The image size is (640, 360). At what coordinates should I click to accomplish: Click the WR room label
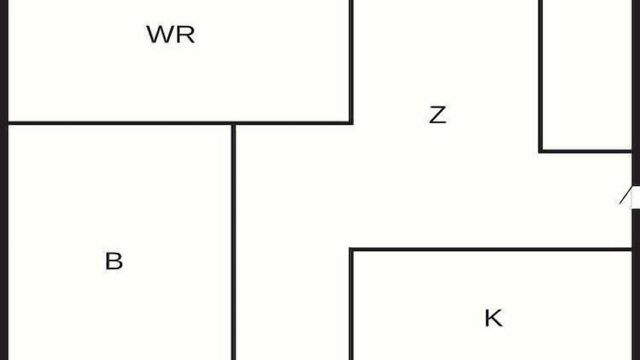(171, 34)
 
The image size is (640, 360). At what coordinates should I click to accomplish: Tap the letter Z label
(437, 115)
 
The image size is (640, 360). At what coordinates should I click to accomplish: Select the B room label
(114, 261)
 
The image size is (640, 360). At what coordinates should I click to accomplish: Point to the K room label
(493, 317)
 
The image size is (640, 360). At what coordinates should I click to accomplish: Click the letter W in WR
(159, 34)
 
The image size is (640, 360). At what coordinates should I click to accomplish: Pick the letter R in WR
(185, 34)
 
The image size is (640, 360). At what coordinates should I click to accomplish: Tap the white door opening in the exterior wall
(635, 197)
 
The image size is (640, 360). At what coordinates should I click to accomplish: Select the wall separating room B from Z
(233, 242)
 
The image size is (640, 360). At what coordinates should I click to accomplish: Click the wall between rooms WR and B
(119, 123)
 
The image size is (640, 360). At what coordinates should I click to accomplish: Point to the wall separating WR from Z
(351, 61)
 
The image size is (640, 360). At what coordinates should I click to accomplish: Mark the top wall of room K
(490, 249)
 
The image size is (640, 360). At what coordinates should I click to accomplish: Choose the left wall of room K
(351, 304)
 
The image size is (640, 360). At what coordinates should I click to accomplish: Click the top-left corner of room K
(351, 249)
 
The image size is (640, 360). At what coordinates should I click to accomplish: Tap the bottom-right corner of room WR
(351, 123)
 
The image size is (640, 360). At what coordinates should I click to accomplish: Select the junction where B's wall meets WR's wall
(233, 123)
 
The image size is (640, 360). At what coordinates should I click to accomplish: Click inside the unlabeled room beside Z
(587, 74)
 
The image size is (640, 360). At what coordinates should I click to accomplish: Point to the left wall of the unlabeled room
(540, 75)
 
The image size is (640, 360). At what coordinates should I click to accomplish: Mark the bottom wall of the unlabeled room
(585, 151)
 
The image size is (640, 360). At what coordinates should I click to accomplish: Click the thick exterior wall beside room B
(4, 242)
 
